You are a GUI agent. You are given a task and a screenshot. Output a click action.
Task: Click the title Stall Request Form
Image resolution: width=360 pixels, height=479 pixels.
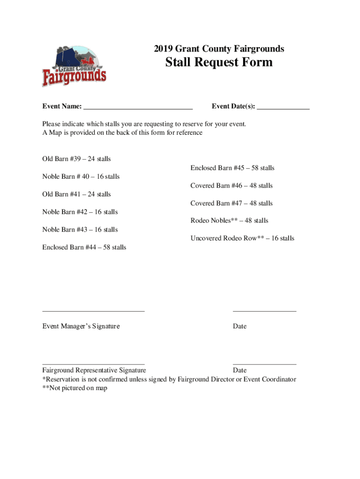[x=219, y=62]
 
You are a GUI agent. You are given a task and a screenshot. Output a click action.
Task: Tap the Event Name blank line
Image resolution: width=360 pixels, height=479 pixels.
[x=138, y=108]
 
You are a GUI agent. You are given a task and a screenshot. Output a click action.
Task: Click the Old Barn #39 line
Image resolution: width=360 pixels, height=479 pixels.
[x=76, y=159]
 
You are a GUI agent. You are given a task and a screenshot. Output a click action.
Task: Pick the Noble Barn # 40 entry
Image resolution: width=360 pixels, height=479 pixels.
[x=81, y=177]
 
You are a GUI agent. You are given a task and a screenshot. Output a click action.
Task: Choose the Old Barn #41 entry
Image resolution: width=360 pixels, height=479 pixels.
[x=76, y=194]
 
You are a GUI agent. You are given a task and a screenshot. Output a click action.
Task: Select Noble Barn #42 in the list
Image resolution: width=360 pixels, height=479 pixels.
[x=80, y=212]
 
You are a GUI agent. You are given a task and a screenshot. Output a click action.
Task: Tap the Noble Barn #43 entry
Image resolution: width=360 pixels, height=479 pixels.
[x=80, y=230]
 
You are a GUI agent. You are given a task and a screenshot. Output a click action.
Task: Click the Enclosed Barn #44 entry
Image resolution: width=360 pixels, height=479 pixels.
[x=84, y=247]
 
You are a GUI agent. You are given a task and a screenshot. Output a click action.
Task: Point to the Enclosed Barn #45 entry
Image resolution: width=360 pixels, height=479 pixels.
[x=232, y=168]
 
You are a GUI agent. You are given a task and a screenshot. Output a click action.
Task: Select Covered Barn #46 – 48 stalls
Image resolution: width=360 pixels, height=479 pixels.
[x=231, y=186]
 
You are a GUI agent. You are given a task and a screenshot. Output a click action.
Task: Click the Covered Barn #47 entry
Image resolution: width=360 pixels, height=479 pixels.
[x=231, y=203]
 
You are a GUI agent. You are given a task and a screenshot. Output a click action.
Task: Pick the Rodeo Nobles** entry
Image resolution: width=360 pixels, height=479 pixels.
[x=229, y=221]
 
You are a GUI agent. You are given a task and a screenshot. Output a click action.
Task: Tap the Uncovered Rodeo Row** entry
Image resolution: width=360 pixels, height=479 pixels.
[x=242, y=239]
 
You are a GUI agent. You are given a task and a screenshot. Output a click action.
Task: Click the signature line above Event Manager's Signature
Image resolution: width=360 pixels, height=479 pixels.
[x=94, y=311]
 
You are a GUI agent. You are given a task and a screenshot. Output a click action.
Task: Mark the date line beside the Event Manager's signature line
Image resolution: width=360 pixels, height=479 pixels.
[x=265, y=311]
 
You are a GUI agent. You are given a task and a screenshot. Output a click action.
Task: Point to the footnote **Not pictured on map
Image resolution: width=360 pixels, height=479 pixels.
[x=75, y=388]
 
